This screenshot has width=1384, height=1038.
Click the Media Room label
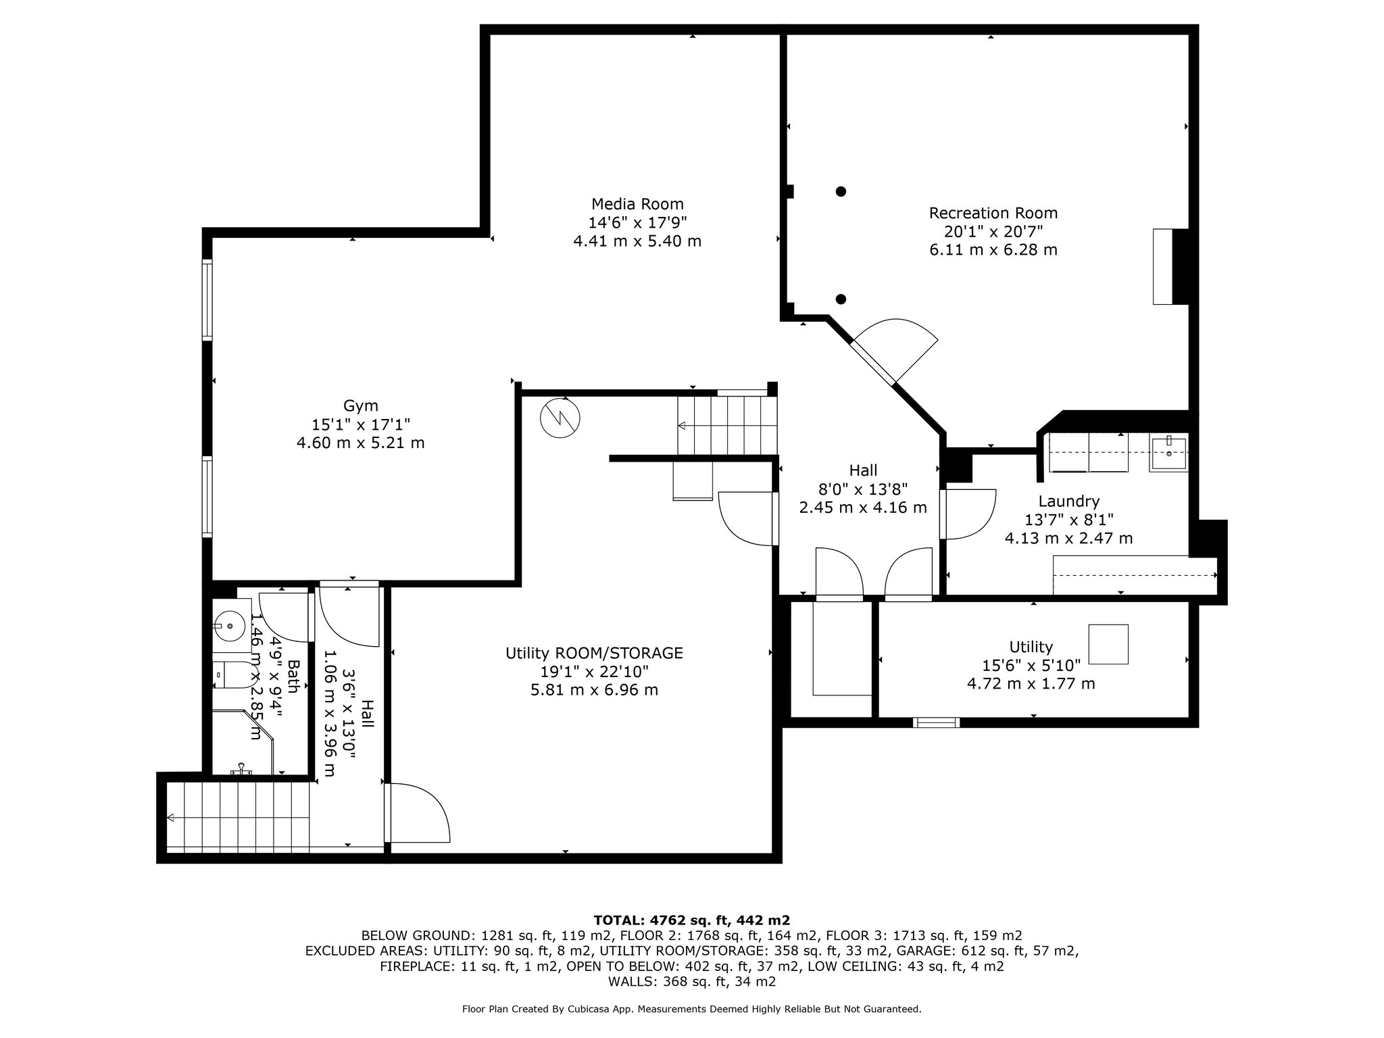[637, 204]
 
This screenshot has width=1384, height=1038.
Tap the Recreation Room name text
[993, 213]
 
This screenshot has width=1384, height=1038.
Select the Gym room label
[360, 406]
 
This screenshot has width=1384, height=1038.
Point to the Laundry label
[1068, 501]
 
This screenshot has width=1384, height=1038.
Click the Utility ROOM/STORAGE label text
[594, 653]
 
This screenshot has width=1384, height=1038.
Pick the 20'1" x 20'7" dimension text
[993, 231]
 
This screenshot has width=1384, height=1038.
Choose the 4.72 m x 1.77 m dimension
[1031, 683]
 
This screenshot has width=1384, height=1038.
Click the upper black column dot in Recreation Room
[841, 191]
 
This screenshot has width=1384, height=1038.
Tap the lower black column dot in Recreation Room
[841, 299]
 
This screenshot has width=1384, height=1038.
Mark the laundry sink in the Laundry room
[1168, 452]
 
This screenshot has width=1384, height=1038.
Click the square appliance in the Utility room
[1108, 644]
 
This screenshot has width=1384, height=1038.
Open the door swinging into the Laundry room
[968, 514]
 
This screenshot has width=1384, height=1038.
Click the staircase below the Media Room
[727, 426]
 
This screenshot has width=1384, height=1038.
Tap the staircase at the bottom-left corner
[239, 818]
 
